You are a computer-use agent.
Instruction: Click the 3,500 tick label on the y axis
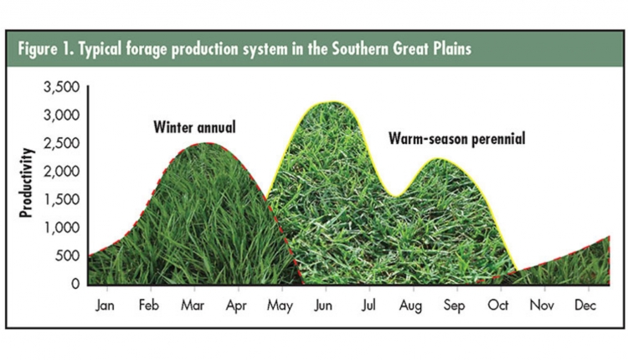click(62, 87)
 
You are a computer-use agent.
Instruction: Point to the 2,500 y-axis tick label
click(62, 143)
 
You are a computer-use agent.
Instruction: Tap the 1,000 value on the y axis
click(62, 228)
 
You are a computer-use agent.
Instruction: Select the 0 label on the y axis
click(75, 284)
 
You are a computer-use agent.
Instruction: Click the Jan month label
click(105, 306)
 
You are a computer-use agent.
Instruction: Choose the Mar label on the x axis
click(193, 306)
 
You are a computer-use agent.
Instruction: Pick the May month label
click(280, 306)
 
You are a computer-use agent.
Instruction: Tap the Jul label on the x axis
click(369, 306)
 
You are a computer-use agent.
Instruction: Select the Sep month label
click(454, 306)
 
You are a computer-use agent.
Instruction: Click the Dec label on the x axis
click(585, 306)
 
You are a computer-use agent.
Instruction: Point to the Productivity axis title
click(26, 183)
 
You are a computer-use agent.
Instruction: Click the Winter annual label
click(194, 127)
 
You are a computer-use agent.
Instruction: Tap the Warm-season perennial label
click(456, 139)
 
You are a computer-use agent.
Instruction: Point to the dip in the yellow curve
click(396, 197)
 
